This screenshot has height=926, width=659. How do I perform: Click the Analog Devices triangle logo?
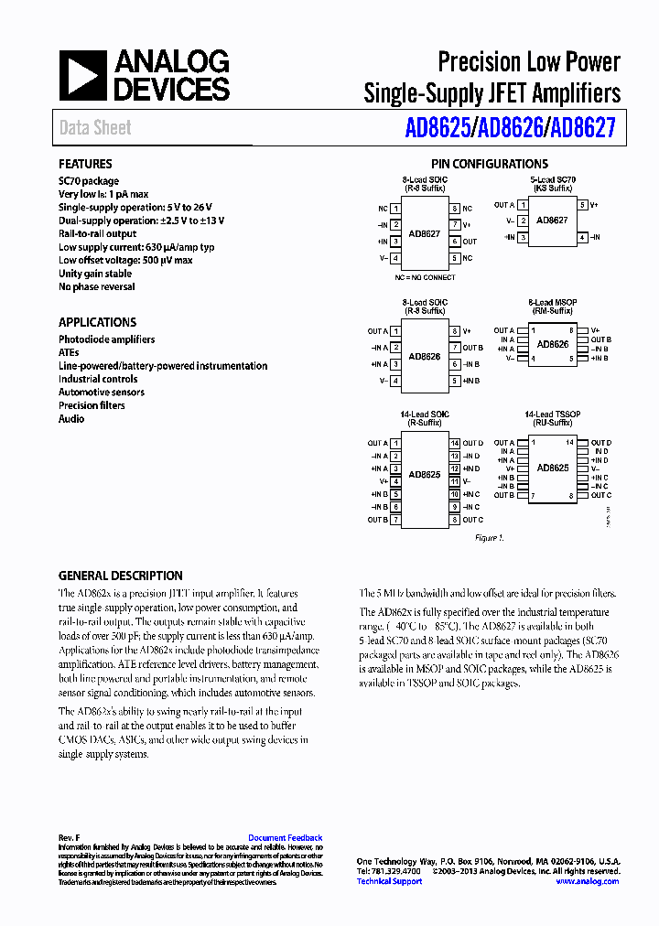pos(82,75)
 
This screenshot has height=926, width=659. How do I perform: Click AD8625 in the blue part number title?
pos(438,130)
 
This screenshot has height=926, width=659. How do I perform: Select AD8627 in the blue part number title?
pos(582,130)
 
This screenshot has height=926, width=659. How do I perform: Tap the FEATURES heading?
pos(85,165)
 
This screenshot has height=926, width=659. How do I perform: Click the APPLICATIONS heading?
pos(97,322)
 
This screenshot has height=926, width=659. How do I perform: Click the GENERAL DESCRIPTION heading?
pos(121,576)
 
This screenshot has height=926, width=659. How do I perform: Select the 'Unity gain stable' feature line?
pos(95,274)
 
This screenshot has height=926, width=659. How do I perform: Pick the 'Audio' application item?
pos(71,419)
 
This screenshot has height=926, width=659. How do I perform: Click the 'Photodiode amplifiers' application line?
pos(107,339)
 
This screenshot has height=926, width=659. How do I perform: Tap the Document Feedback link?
pos(285,838)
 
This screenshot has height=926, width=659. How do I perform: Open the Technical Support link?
pos(389,881)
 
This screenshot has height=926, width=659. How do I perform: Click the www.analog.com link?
pos(587,881)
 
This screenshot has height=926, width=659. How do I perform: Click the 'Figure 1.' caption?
pos(489,538)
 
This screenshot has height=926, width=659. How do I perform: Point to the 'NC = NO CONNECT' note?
pos(425,276)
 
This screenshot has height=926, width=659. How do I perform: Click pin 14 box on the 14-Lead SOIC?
pos(454,444)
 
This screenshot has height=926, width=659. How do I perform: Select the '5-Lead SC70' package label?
pos(552,180)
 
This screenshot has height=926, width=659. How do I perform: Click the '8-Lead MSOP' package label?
pos(552,302)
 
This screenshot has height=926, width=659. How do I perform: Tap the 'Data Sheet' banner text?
pos(95,128)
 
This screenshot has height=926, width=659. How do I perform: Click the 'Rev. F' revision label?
pos(70,838)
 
